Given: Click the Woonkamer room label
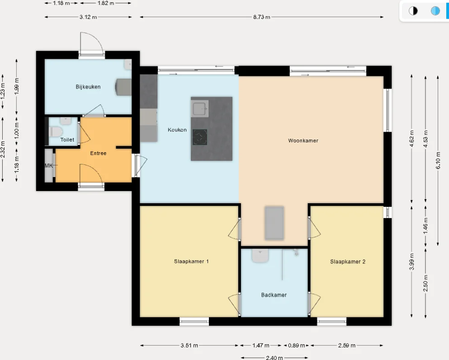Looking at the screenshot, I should point(303,140).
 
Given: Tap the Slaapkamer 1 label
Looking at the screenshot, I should point(191,261).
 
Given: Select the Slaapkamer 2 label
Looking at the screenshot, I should point(347,261).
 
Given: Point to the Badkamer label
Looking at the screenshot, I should point(274,295).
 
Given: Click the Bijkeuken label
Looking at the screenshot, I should point(88,87).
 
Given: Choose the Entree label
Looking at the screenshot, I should point(98,153).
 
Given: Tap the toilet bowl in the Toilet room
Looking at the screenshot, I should point(56,132).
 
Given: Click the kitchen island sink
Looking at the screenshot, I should point(199,109).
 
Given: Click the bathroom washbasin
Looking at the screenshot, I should point(260,256).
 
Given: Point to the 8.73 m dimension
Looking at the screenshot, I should point(261,17).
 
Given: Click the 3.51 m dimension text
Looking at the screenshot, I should point(189,346).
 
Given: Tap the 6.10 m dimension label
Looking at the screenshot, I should point(438,160).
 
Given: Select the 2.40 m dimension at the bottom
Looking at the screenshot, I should point(274,358).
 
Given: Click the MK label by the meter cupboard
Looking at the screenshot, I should point(49,166).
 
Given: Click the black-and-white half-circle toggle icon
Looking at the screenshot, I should point(413,11).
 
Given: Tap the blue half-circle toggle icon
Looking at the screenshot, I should point(435,11).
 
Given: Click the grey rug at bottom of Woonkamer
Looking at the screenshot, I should point(274,223).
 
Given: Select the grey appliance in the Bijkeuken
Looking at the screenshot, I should point(123,87).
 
